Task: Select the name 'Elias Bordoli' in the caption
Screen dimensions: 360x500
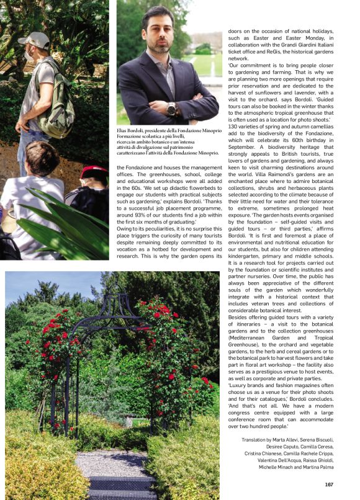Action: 134,130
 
